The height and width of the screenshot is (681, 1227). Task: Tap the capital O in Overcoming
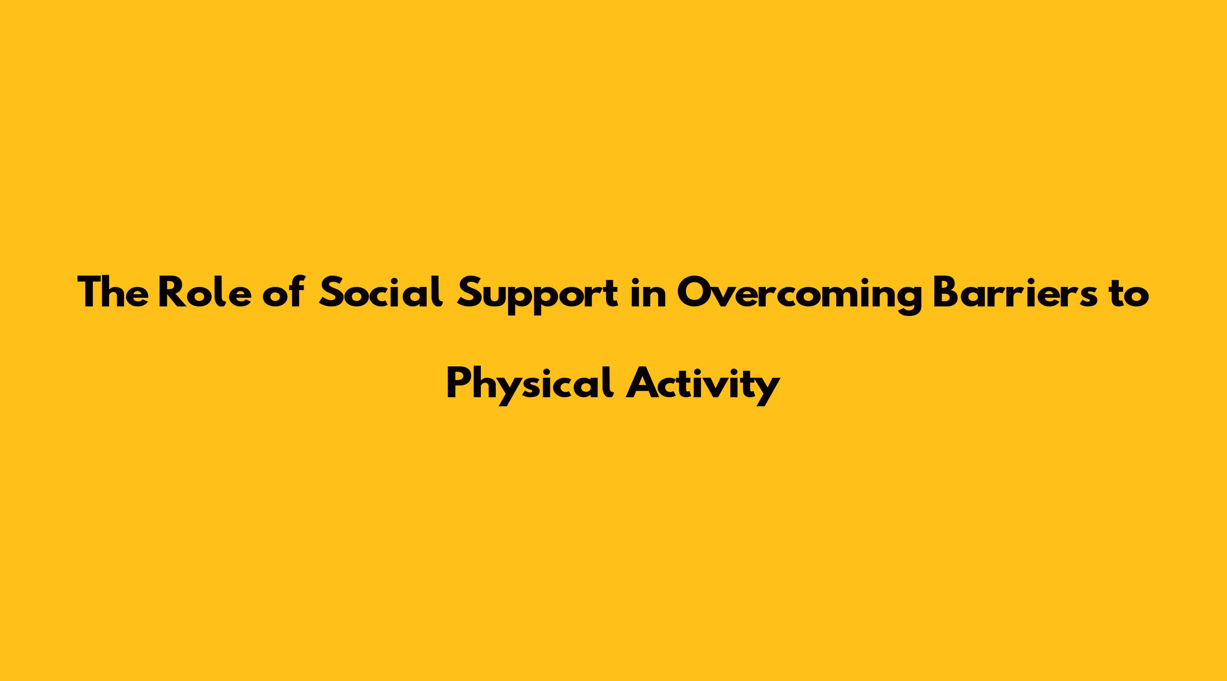(694, 292)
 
